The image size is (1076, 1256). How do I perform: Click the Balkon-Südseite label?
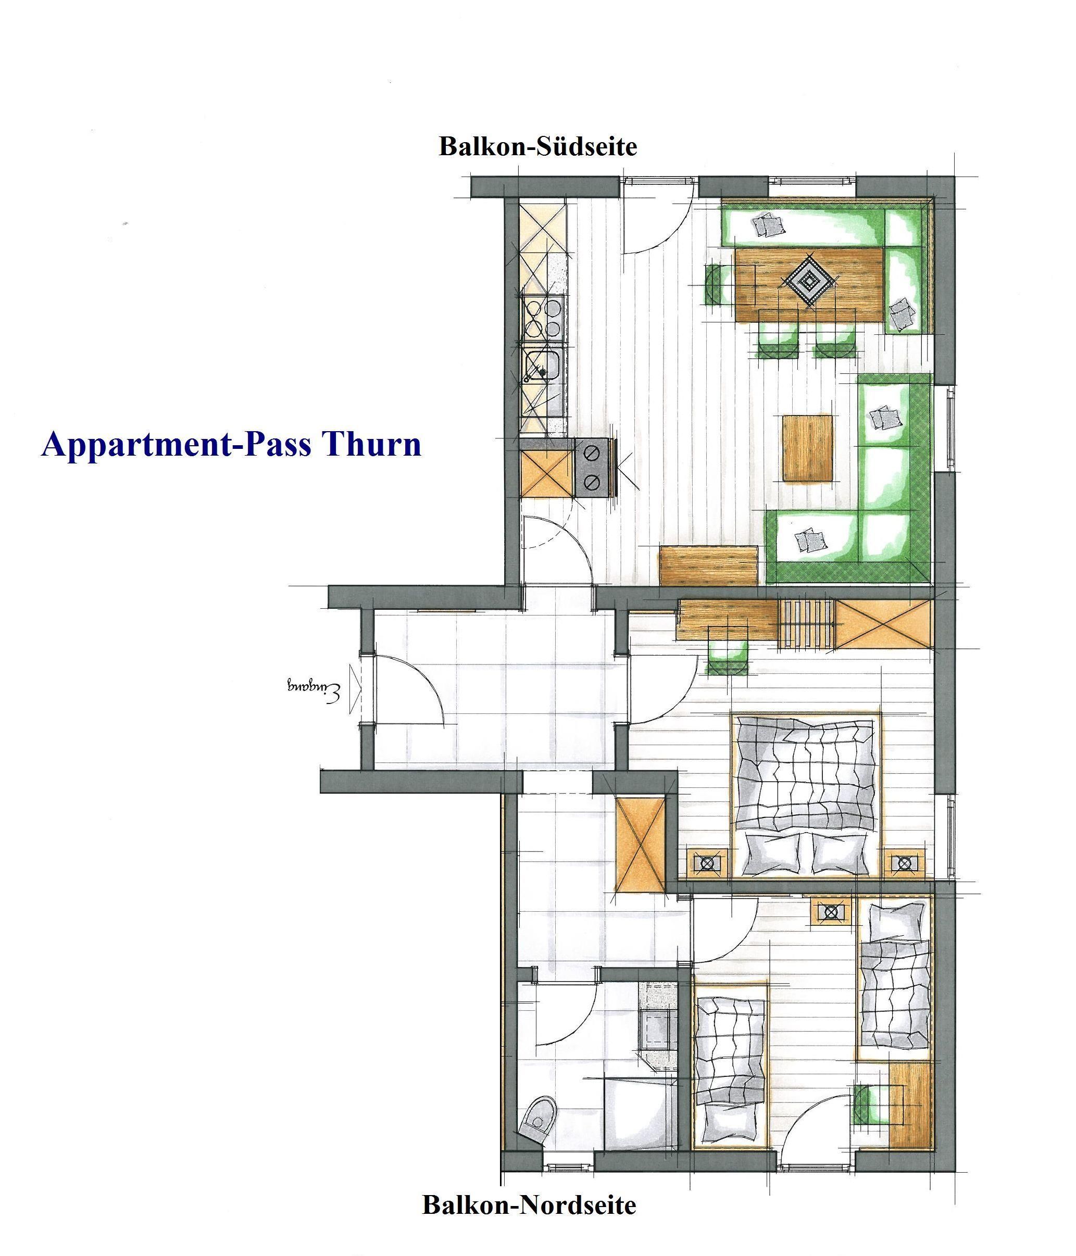(537, 147)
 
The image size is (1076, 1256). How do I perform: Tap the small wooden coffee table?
(807, 448)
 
